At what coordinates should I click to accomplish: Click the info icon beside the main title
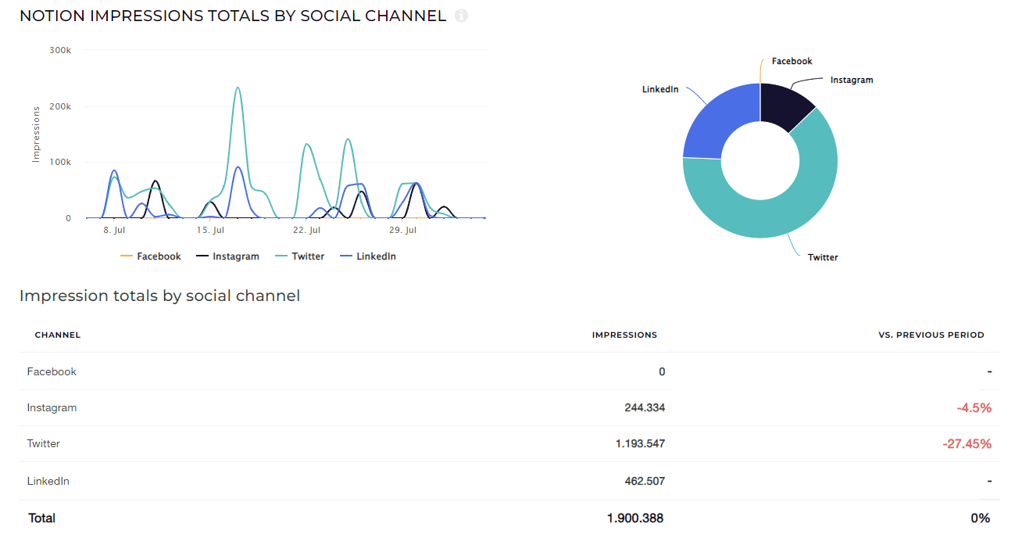(461, 16)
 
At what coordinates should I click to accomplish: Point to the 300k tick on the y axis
(60, 50)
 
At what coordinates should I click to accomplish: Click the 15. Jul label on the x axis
(210, 231)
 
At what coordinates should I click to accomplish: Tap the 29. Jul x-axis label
(402, 231)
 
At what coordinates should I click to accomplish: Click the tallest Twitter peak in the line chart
(238, 88)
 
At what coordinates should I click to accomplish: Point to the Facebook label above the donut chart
(792, 61)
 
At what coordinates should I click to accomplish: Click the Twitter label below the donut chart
(822, 257)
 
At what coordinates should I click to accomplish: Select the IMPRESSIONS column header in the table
(624, 335)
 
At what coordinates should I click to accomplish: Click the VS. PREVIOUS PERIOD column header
(931, 335)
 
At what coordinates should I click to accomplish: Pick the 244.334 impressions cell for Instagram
(640, 407)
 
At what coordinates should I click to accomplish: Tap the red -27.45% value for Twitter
(967, 444)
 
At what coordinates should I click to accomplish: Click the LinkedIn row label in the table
(48, 481)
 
